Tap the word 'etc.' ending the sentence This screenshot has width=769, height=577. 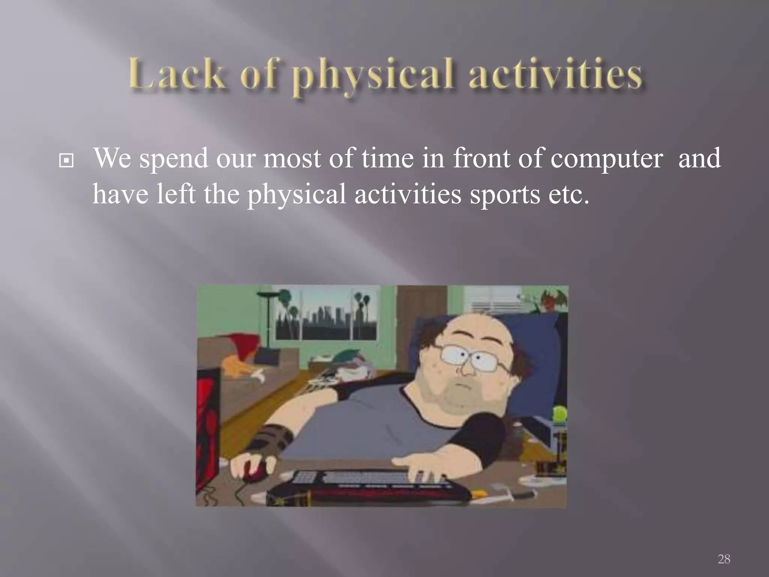[568, 195]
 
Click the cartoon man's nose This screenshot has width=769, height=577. [467, 370]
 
